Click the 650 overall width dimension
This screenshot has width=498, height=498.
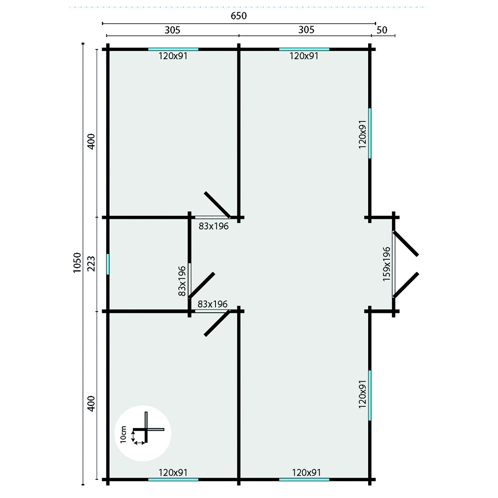(x=238, y=16)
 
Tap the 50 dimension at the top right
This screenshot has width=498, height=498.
(x=382, y=30)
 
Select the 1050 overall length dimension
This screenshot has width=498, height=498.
(x=76, y=263)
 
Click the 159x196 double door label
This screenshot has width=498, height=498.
(x=386, y=264)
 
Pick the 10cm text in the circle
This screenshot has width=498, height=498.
(x=123, y=433)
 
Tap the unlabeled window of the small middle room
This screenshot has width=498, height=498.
(x=108, y=264)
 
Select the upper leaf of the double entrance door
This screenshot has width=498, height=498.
(x=406, y=243)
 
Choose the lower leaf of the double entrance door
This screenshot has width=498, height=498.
(x=406, y=285)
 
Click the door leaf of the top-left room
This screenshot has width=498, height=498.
(x=217, y=205)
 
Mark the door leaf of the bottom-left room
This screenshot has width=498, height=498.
(x=217, y=323)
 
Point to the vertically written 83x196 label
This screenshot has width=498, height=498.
(x=182, y=281)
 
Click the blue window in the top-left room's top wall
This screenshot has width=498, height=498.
(x=173, y=49)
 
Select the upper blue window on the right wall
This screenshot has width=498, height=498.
(x=370, y=133)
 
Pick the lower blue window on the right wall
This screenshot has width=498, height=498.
(x=370, y=395)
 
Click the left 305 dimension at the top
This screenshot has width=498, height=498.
(x=172, y=30)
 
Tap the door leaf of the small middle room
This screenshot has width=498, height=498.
(x=202, y=285)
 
